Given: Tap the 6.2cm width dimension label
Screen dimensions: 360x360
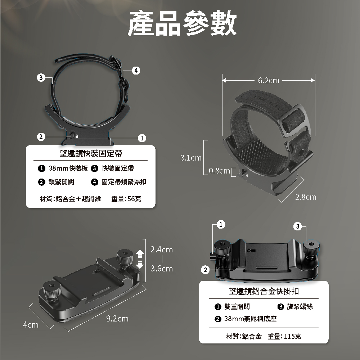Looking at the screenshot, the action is pos(269,80).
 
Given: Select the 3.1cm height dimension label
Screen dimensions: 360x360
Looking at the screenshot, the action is pos(191,158).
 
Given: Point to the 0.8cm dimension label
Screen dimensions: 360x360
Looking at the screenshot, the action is pos(219,171).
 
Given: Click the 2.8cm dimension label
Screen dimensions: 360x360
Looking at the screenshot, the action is pos(306,197).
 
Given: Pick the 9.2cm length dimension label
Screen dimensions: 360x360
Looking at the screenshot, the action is pos(117,319).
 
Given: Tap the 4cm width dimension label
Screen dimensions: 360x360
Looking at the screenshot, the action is pos(31,325).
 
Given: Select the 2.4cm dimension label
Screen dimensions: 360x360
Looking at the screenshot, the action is pos(162,249).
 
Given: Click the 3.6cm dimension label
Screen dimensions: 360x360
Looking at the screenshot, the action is pos(162,269).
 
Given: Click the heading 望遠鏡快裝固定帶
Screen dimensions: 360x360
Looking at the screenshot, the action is pos(91,153).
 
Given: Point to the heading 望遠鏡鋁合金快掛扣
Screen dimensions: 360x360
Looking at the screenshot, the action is pos(264,291).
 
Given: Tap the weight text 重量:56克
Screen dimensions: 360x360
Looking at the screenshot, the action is pos(126,199).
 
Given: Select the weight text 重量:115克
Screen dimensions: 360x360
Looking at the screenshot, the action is pos(284,336).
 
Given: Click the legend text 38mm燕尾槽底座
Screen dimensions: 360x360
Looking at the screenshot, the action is pos(250,319).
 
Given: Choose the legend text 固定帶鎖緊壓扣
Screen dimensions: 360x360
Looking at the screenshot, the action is pos(124,182).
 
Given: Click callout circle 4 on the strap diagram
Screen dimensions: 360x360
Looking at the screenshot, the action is pos(136,71).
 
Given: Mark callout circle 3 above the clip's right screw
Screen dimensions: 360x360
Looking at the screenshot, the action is pos(298,226).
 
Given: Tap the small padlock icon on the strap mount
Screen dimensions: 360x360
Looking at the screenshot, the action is pos(77,136).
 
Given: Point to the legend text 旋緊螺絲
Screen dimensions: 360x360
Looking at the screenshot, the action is pos(300,306).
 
